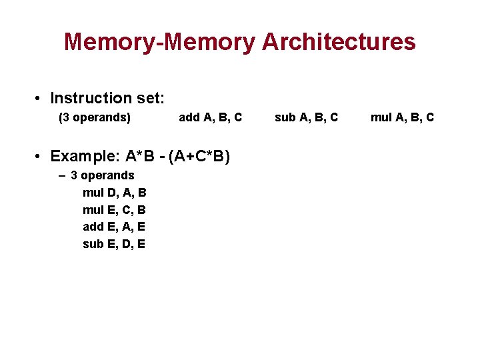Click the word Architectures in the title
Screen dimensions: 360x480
tap(339, 42)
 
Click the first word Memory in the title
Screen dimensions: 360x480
tap(107, 42)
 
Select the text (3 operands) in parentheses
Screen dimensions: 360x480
tap(95, 118)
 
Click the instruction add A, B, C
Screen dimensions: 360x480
tap(211, 118)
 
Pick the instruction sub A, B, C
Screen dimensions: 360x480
tap(307, 118)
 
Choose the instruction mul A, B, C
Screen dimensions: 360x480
tap(403, 118)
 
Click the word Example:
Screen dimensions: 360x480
tap(85, 157)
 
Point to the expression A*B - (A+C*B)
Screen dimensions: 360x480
tap(178, 157)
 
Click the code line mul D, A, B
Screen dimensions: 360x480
tap(115, 193)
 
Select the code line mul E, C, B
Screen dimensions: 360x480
tap(115, 210)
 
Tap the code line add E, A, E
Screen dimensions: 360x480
tap(114, 227)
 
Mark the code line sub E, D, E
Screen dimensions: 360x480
tap(114, 244)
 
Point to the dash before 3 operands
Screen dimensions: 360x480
tap(62, 176)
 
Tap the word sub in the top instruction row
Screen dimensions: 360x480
tap(285, 118)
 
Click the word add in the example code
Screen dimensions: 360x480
tap(93, 227)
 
